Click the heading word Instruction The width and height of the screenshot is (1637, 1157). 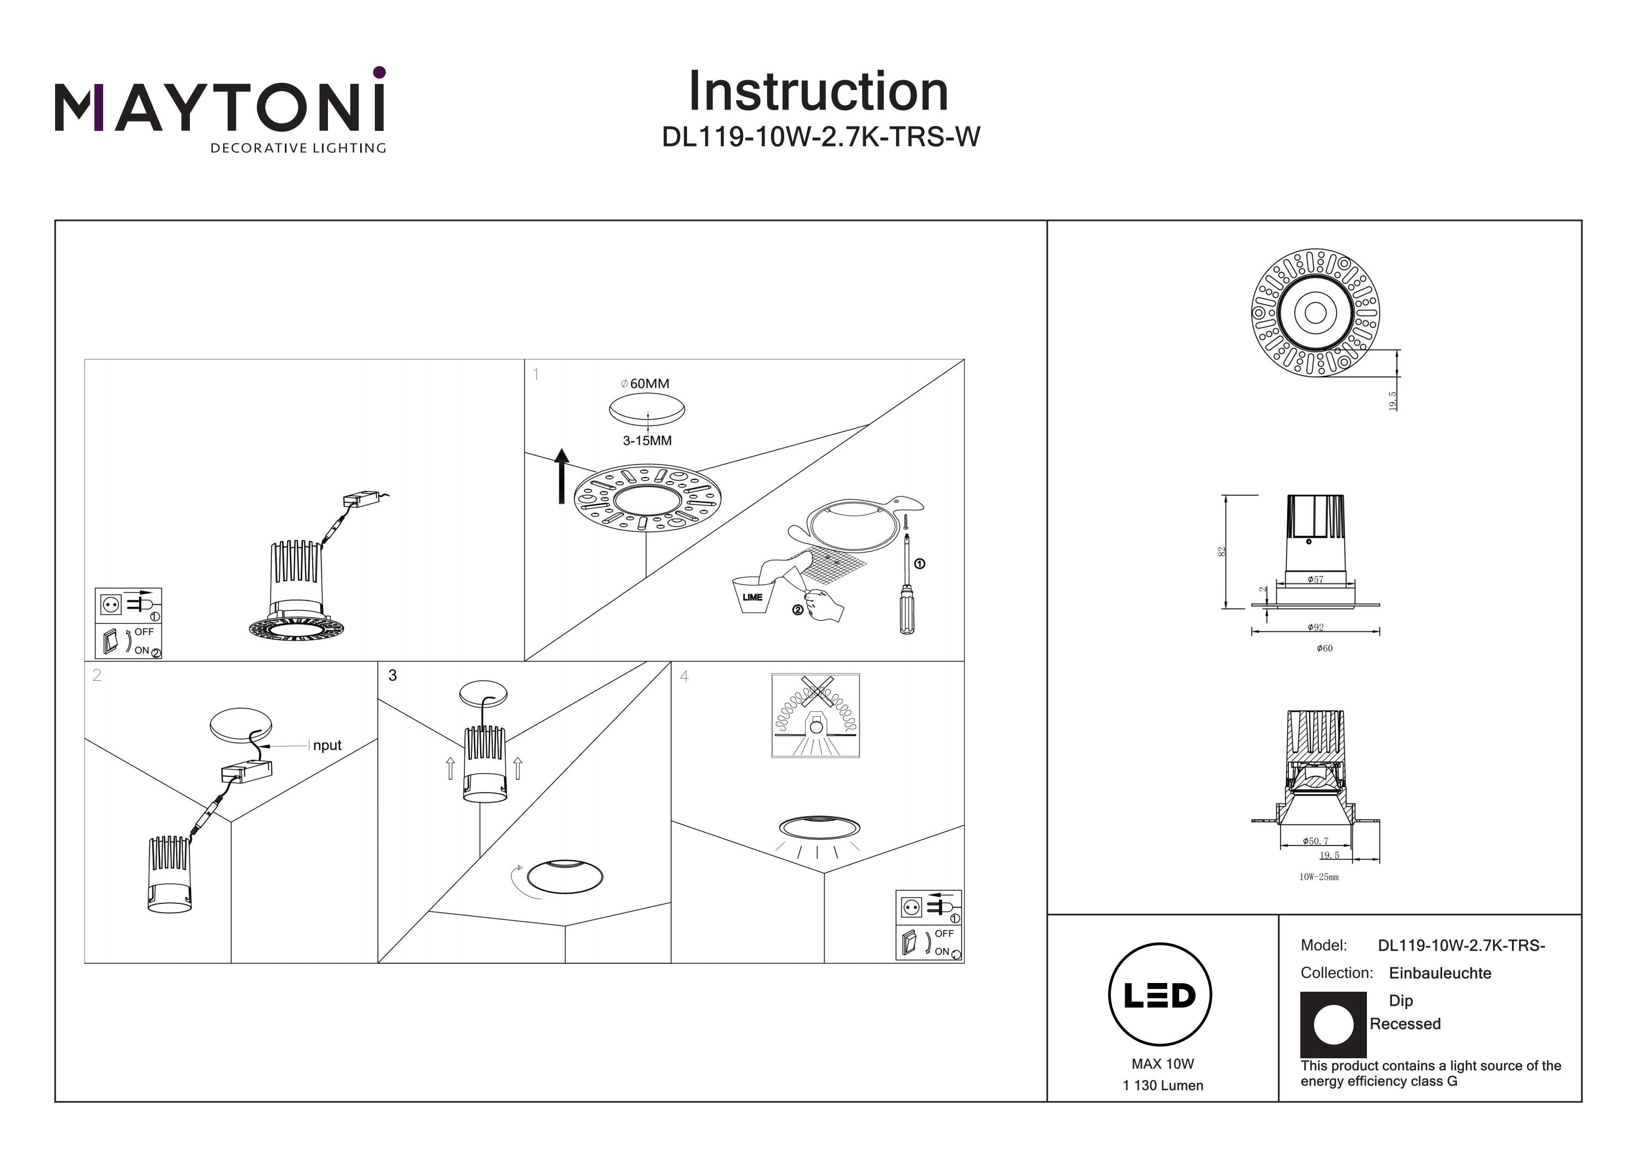point(818,92)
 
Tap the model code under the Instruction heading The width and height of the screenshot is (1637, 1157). point(821,137)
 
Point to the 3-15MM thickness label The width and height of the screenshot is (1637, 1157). point(647,441)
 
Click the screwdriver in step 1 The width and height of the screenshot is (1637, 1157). point(906,592)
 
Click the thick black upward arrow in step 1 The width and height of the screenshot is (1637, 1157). point(562,476)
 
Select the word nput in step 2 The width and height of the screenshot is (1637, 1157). point(327,746)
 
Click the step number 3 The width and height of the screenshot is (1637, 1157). point(392,675)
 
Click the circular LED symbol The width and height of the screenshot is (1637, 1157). point(1160,994)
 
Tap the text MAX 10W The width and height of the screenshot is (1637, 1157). point(1162,1064)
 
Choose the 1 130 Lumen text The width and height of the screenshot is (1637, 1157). point(1162,1086)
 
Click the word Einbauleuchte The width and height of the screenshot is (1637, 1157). point(1439,973)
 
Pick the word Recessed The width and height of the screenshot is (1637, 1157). point(1405,1024)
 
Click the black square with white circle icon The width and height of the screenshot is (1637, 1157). point(1333,1024)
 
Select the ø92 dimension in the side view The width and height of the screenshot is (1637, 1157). point(1316,627)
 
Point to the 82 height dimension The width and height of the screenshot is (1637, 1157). point(1221,551)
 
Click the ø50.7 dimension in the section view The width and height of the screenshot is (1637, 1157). point(1316,841)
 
